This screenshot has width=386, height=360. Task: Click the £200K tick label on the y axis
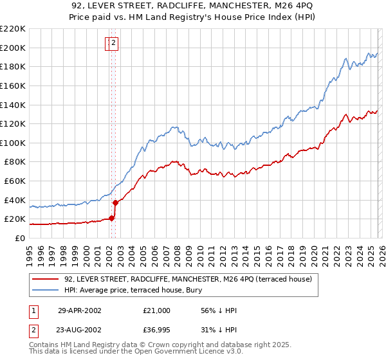click(x=13, y=48)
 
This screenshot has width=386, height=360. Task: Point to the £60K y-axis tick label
click(x=15, y=181)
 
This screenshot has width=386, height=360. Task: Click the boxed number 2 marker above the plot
click(x=113, y=43)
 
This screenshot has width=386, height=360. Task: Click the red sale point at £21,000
click(x=112, y=218)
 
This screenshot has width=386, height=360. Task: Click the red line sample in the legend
click(x=46, y=279)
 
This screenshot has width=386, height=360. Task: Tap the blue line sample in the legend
click(x=46, y=290)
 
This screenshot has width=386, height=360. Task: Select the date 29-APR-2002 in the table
click(x=79, y=310)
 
